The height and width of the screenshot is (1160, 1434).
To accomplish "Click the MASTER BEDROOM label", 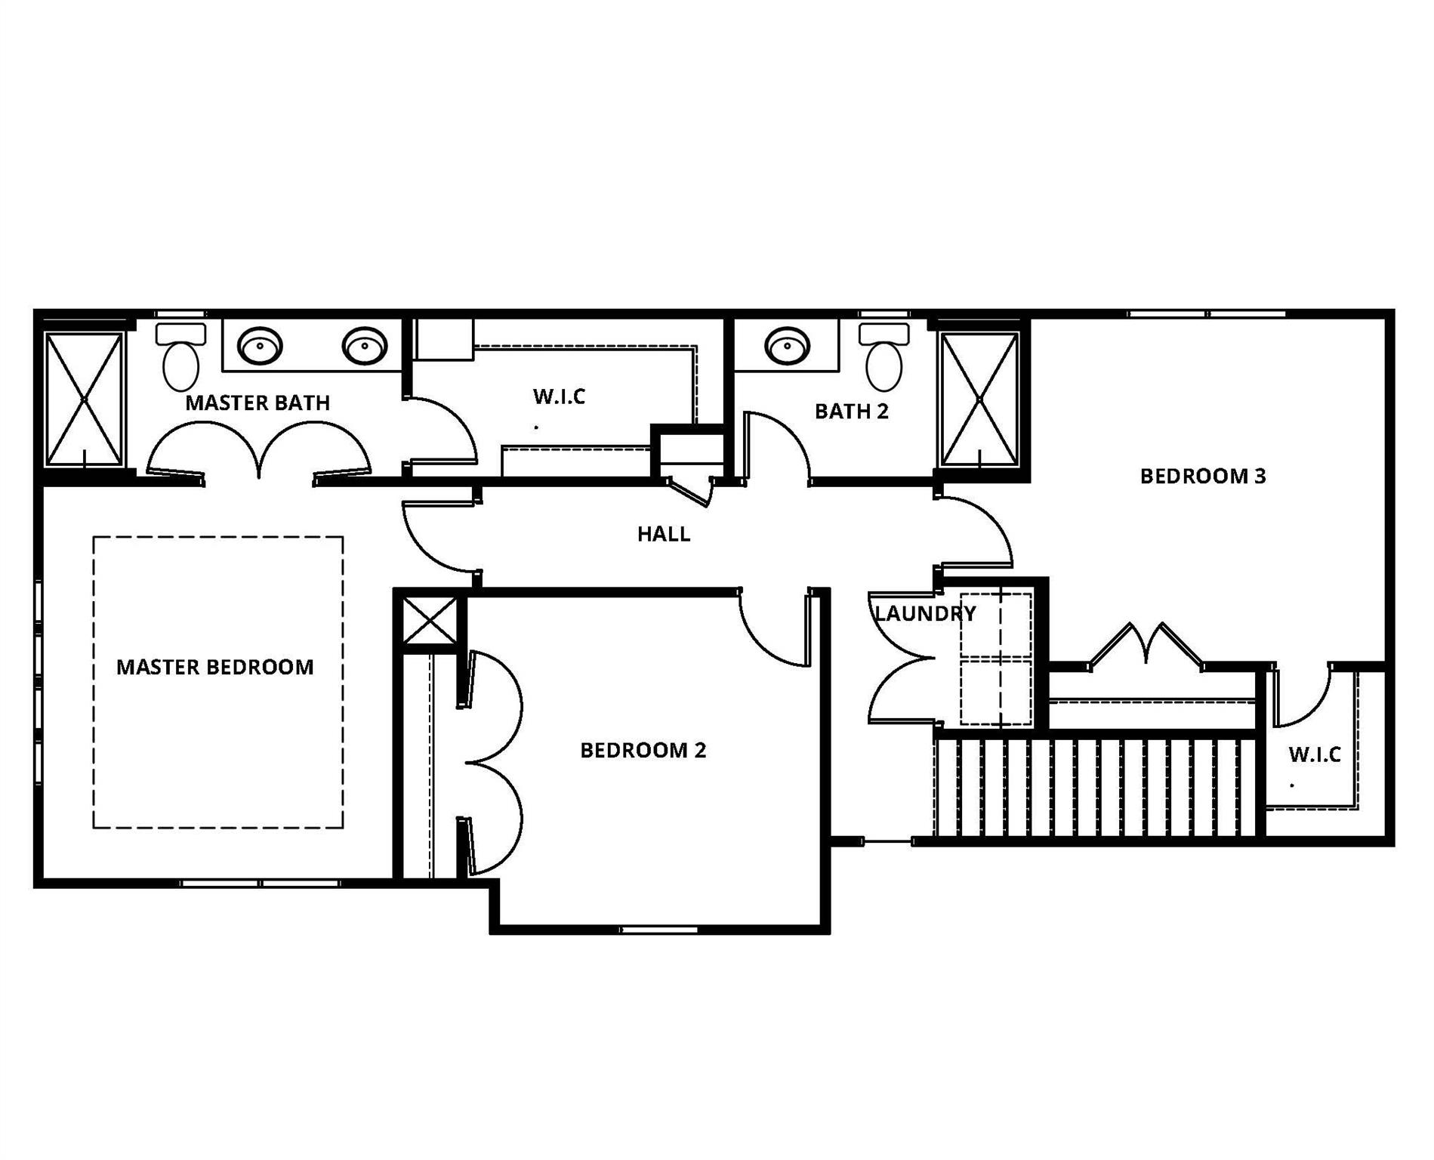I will pos(214,668).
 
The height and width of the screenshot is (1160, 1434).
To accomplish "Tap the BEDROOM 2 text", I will pos(643,751).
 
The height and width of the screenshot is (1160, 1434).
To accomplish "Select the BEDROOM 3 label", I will pos(1202,477).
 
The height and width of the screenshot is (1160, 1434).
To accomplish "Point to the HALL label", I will pos(663,535).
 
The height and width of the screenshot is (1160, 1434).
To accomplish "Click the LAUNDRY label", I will pos(924,614).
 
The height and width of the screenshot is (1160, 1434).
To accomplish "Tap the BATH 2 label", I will pos(851,412).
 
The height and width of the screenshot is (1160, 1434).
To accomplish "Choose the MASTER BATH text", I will pos(258,403).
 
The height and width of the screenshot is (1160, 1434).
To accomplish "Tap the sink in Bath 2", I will pos(788,347).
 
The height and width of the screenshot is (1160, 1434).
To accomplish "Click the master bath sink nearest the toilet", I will pos(260,347).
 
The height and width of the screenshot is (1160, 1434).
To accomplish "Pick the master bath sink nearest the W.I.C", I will pos(365,347).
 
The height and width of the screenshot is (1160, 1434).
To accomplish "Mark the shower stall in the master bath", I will pos(83,399).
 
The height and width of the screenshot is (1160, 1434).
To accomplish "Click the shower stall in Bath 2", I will pos(979,399).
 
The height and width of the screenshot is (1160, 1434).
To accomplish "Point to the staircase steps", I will pos(1095,787).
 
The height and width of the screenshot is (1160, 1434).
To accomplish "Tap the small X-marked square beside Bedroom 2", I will pos(430,621).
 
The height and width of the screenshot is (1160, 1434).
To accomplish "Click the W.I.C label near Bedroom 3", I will pos(1314,754).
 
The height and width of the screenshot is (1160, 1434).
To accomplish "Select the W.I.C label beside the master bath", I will pos(559,396).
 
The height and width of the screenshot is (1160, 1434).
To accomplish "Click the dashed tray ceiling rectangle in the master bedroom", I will pos(217,538).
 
